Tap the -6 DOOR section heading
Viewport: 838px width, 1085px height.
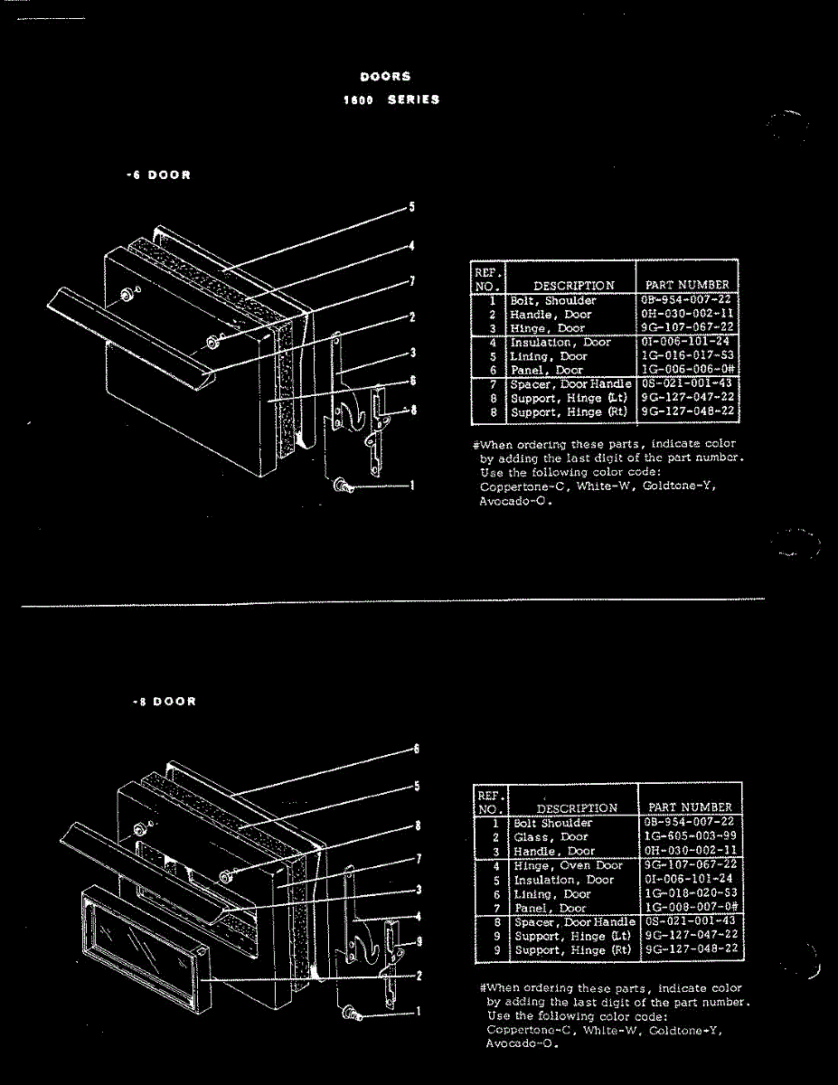[158, 175]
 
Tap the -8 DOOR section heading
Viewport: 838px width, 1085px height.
[162, 702]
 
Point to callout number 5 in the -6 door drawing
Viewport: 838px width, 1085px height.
[412, 207]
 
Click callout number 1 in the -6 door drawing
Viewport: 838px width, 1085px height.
[412, 486]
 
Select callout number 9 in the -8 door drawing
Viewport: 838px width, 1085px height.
[418, 941]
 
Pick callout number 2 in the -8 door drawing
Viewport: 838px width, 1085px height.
[419, 976]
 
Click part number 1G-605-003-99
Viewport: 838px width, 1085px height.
[692, 837]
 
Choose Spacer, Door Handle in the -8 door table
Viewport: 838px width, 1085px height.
[574, 922]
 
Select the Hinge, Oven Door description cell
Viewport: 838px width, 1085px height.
[568, 866]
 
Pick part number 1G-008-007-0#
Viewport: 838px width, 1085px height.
[692, 907]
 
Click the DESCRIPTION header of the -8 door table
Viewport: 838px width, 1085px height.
[577, 807]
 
